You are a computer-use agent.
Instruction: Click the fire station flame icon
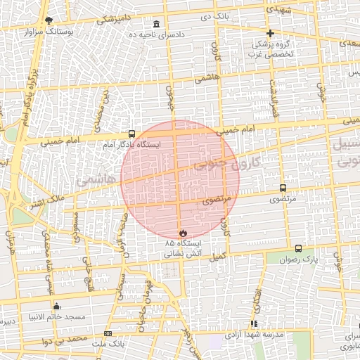(182, 231)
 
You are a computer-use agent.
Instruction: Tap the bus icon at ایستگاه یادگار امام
(131, 134)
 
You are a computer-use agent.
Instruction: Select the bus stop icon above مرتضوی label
(283, 188)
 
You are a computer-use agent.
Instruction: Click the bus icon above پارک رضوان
(298, 248)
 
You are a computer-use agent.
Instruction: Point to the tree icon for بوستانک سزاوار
(48, 21)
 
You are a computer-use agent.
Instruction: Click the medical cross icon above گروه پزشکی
(270, 33)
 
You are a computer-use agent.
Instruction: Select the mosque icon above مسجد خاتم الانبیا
(57, 307)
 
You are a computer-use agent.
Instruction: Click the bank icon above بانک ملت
(108, 333)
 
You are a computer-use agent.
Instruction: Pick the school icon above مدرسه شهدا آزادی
(254, 323)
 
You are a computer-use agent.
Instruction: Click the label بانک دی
(214, 14)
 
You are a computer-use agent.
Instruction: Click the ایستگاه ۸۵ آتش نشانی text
(182, 247)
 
